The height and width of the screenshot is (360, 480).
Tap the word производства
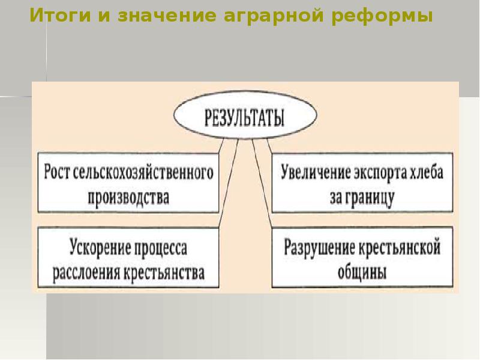click(128, 196)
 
